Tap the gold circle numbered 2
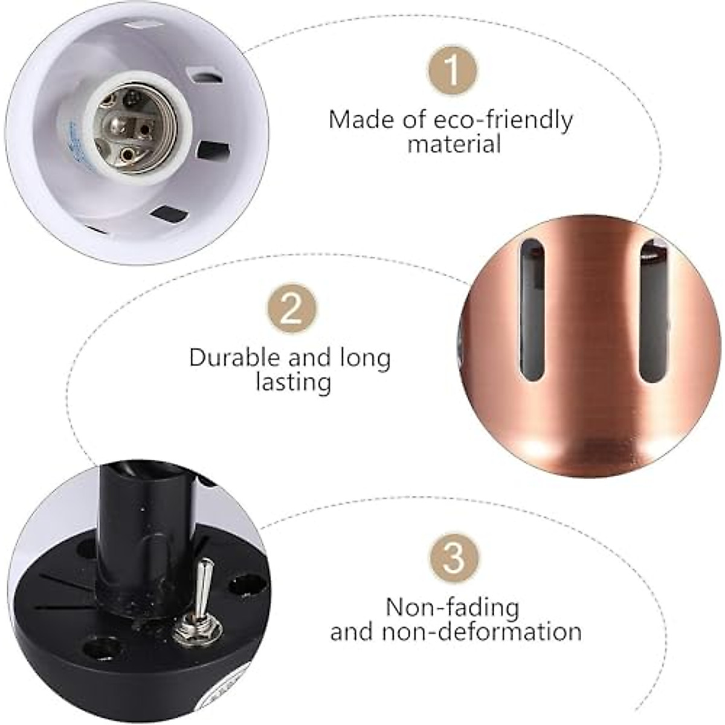click(x=292, y=310)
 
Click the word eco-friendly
click(x=503, y=120)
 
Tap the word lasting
click(x=294, y=383)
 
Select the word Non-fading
click(x=453, y=607)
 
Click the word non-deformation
click(x=482, y=632)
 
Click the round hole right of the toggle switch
click(x=249, y=585)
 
